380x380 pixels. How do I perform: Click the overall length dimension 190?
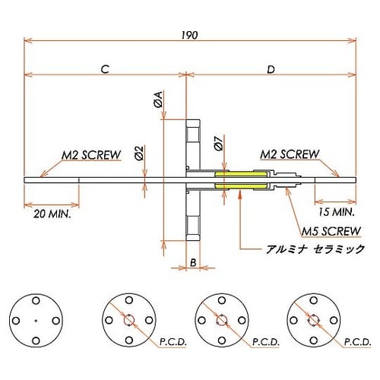(x=190, y=34)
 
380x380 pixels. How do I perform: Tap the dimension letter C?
(x=106, y=69)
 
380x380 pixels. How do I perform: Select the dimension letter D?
(x=271, y=69)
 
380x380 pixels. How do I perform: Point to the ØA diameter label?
(x=158, y=99)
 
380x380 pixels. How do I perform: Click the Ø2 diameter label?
(x=138, y=154)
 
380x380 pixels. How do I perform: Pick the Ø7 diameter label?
(x=219, y=143)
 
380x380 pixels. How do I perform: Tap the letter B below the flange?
(x=193, y=262)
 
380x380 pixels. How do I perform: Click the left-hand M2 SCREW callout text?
(x=91, y=155)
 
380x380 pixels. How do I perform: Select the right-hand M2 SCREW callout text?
(x=289, y=154)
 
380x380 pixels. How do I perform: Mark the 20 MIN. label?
(x=52, y=216)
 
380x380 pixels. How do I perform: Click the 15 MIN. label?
(x=335, y=212)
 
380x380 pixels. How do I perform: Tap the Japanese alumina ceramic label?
(x=313, y=249)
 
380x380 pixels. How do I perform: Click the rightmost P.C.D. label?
(x=357, y=344)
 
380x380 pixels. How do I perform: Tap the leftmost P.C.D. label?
(x=173, y=344)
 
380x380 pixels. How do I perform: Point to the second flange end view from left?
(x=128, y=319)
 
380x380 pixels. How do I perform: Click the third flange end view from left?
(x=220, y=319)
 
